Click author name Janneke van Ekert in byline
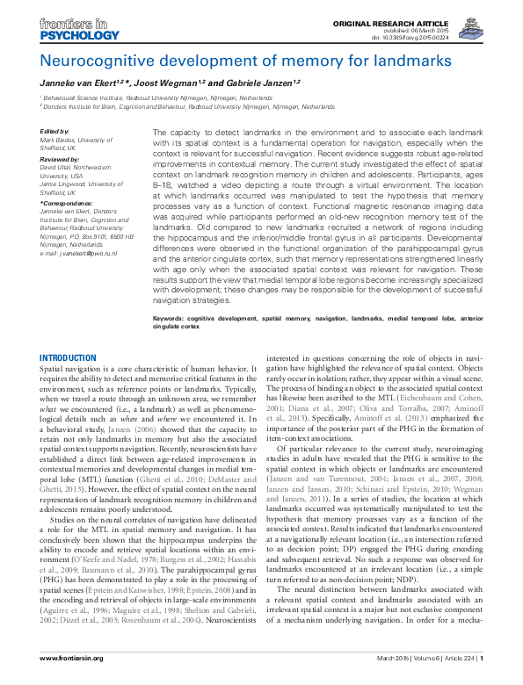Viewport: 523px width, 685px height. (83, 82)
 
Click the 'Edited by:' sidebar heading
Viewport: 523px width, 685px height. (54, 131)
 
